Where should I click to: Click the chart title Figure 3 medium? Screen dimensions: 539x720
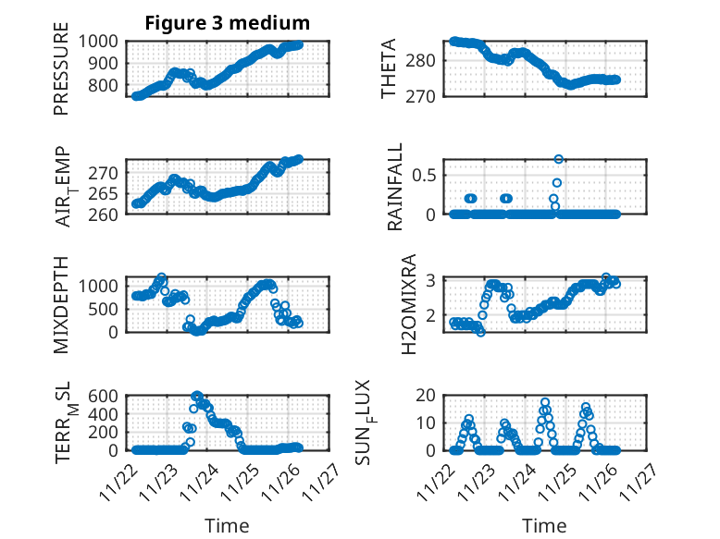click(227, 22)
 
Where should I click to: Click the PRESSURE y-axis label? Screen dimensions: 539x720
click(61, 75)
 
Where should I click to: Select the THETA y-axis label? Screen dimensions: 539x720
click(389, 68)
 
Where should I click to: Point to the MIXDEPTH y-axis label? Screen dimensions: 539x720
click(61, 305)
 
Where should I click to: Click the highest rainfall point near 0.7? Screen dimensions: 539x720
click(559, 159)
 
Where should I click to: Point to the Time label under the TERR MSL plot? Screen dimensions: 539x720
click(227, 525)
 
